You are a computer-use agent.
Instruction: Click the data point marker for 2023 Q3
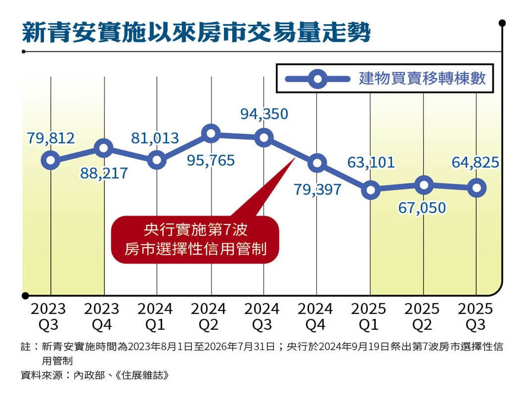click(51, 160)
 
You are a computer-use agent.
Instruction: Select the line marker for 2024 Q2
click(211, 134)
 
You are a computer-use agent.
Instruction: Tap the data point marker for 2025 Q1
click(371, 190)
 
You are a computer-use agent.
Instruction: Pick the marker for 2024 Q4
click(317, 163)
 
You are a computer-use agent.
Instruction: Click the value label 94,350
click(264, 114)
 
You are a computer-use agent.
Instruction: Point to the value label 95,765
click(211, 161)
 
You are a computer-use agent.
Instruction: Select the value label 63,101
click(371, 162)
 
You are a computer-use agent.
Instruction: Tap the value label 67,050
click(422, 208)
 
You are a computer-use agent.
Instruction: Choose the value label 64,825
click(475, 162)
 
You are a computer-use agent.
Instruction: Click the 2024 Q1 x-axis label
click(155, 316)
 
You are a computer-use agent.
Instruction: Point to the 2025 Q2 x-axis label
click(422, 316)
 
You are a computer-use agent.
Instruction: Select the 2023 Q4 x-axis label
click(102, 316)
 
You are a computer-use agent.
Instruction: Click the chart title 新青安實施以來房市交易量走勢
click(196, 33)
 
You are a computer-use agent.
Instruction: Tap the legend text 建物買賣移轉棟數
click(422, 79)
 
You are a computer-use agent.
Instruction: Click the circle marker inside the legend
click(318, 79)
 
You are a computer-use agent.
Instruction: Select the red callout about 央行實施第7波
click(195, 239)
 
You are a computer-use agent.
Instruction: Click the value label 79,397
click(317, 190)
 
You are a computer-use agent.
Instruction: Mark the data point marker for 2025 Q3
click(476, 188)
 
